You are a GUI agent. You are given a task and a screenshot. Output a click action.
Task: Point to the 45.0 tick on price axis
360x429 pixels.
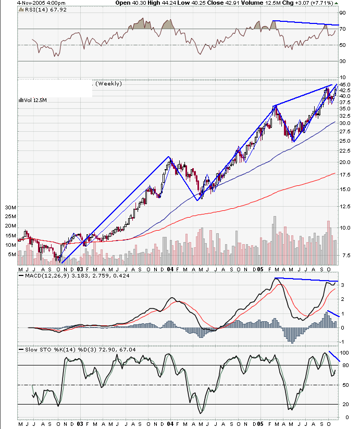pos(344,84)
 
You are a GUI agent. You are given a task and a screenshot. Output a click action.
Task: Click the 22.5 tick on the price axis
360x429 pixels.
pos(344,150)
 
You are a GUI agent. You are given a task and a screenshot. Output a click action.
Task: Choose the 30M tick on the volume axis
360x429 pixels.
pos(11,207)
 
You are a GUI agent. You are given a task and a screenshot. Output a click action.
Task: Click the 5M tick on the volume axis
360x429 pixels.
pos(11,255)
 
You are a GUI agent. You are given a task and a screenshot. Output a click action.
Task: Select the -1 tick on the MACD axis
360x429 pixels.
pos(342,342)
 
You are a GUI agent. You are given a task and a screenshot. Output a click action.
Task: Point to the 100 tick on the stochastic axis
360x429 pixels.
pos(344,352)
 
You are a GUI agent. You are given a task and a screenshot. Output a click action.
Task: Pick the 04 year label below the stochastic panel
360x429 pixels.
pos(170,424)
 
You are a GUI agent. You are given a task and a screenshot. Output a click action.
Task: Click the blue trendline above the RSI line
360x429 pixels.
pos(305,23)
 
